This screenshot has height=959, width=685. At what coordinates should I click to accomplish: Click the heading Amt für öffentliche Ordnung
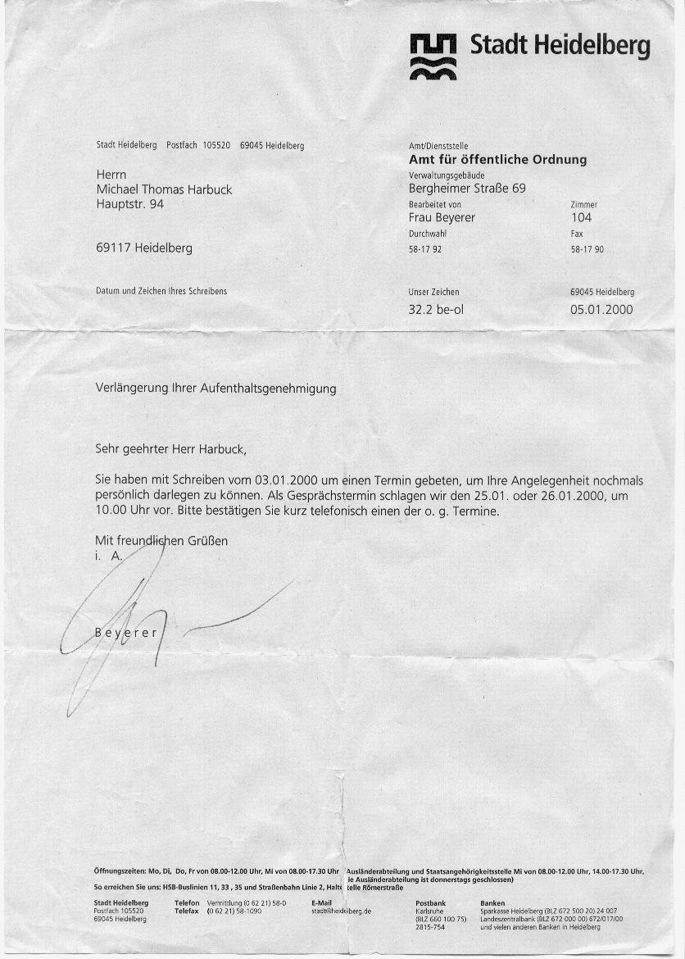(x=497, y=160)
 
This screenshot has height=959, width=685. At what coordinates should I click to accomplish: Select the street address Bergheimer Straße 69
(x=467, y=189)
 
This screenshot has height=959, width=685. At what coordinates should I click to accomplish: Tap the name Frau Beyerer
(x=442, y=217)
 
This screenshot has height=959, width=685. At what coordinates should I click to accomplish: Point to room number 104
(x=581, y=217)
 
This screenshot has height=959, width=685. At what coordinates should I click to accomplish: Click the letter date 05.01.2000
(x=601, y=310)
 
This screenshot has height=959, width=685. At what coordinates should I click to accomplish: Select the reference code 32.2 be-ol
(x=436, y=310)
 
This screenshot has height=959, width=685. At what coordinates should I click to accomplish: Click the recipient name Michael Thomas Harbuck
(x=164, y=189)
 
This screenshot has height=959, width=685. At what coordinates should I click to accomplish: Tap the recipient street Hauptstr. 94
(x=129, y=203)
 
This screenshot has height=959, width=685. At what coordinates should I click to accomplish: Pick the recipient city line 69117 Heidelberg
(x=144, y=248)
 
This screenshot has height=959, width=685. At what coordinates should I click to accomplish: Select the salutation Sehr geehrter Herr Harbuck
(x=170, y=450)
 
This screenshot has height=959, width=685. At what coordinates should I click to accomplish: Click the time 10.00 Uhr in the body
(x=124, y=511)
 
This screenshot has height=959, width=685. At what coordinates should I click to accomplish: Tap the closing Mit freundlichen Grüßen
(x=161, y=541)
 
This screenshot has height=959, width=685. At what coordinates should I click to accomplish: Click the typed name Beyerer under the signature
(x=125, y=633)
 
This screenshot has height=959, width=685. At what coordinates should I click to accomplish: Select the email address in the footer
(x=342, y=911)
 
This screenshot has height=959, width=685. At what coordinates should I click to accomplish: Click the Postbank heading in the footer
(x=431, y=902)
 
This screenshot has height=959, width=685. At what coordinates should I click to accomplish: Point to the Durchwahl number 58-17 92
(x=425, y=249)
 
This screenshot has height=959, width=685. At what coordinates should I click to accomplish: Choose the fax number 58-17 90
(x=587, y=249)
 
